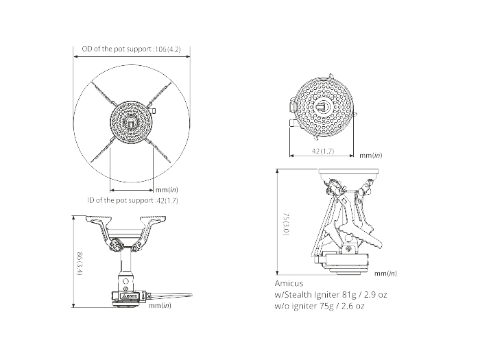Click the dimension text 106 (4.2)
click(168, 49)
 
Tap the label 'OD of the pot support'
click(117, 49)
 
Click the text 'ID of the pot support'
click(120, 200)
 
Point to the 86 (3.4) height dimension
click(80, 263)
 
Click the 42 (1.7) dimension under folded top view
click(323, 151)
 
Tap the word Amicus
click(289, 283)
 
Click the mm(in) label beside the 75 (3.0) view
click(385, 274)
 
